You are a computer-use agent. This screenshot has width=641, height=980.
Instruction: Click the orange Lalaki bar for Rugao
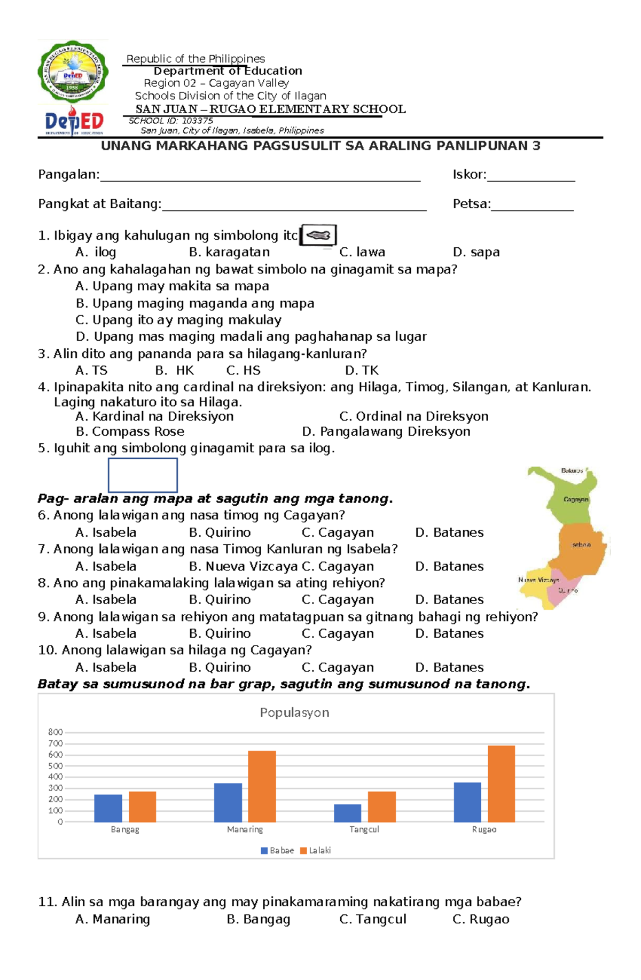click(501, 783)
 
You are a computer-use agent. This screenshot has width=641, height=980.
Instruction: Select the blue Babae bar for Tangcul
click(347, 813)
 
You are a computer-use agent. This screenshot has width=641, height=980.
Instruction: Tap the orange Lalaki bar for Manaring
click(262, 786)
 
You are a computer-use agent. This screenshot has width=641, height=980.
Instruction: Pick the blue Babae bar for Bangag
click(108, 808)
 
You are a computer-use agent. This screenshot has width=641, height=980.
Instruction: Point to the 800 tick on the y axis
click(55, 732)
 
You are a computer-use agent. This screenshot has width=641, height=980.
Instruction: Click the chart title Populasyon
click(294, 712)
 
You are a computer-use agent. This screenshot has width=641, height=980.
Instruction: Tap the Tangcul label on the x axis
click(364, 829)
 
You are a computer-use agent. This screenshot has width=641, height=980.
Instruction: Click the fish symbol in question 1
click(318, 235)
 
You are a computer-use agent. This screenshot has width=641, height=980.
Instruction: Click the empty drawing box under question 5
click(143, 475)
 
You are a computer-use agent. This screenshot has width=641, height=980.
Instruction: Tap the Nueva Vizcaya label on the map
click(538, 580)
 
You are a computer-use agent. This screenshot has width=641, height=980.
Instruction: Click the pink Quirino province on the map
click(566, 592)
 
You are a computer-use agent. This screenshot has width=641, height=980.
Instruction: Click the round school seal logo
click(73, 71)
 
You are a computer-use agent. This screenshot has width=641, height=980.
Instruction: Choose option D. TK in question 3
click(362, 370)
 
